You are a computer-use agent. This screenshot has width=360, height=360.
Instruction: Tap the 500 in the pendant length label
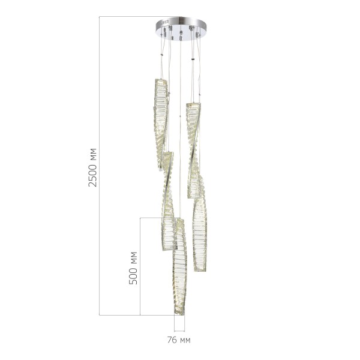133,275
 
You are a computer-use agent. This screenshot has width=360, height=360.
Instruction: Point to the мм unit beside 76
185,340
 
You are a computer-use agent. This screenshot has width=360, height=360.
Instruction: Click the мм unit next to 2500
92,154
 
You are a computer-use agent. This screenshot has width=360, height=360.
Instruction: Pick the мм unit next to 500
133,259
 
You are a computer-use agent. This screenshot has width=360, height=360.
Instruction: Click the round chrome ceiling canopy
181,27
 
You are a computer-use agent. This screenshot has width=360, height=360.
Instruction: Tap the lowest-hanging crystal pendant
179,267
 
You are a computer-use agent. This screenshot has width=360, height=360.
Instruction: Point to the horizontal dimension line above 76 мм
180,331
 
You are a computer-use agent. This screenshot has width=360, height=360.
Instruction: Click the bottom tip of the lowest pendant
178,313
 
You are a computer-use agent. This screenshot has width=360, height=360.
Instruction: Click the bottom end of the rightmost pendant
200,269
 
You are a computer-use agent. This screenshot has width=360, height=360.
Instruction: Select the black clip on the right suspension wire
193,60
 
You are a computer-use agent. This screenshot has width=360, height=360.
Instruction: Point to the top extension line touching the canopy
129,17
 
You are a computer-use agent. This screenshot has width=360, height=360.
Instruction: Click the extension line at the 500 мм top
156,217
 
